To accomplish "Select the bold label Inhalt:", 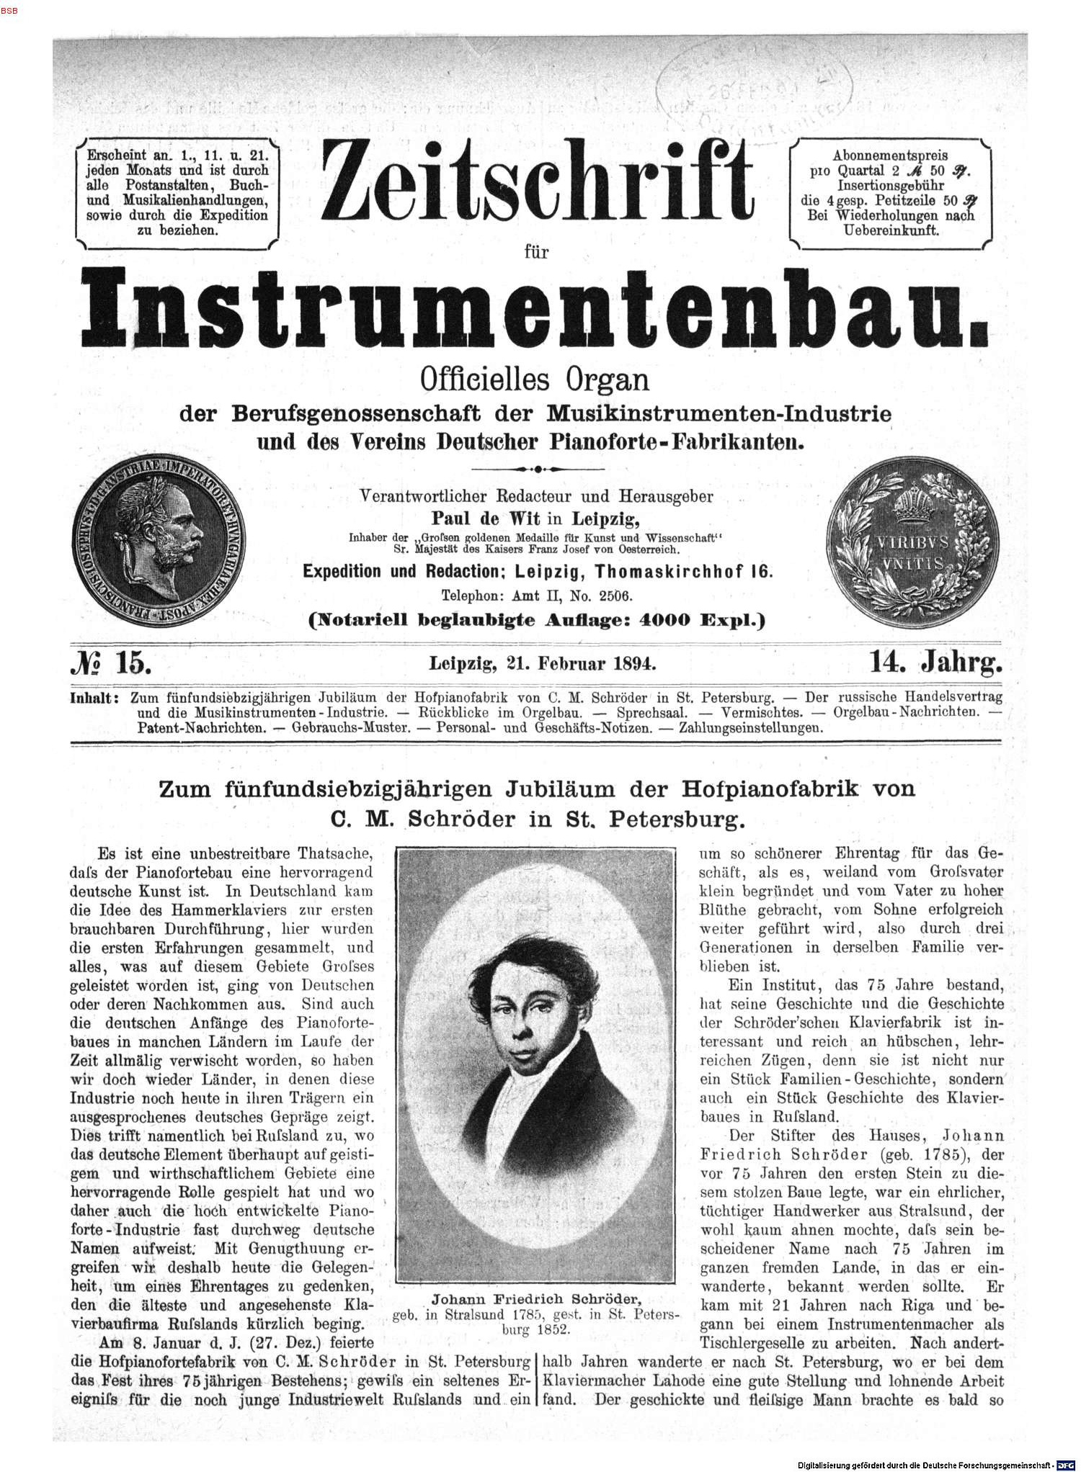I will click(x=94, y=698).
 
